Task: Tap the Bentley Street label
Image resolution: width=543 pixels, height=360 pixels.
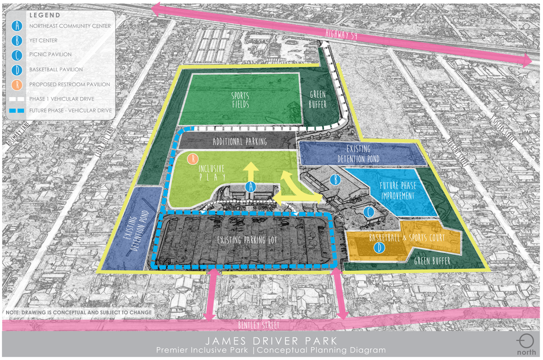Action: click(259, 325)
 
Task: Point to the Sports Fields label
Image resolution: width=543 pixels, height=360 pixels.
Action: click(240, 100)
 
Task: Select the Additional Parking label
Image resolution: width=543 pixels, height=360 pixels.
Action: click(240, 142)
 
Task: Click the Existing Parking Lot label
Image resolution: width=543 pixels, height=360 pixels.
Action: click(247, 240)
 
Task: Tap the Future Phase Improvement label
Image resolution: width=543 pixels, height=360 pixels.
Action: click(398, 191)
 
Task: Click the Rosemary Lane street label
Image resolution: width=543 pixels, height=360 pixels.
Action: click(18, 134)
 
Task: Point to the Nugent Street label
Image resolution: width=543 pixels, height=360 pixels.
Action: click(457, 151)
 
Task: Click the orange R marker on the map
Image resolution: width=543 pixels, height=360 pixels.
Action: click(193, 159)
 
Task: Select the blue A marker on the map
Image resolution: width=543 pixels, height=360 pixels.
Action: click(251, 186)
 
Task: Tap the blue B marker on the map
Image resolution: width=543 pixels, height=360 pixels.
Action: click(335, 180)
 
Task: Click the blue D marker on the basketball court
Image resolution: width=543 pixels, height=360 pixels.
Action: click(379, 248)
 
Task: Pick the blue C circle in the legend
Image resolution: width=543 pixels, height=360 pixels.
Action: click(17, 55)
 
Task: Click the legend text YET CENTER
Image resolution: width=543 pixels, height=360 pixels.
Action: click(43, 40)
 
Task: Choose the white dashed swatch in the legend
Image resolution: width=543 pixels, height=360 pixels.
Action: click(17, 99)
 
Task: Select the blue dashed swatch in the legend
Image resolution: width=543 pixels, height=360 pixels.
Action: click(17, 111)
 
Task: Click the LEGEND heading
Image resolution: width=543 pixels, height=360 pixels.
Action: click(45, 15)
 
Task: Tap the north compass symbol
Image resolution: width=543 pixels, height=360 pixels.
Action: click(526, 342)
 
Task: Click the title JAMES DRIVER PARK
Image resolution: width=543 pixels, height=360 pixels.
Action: click(271, 341)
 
